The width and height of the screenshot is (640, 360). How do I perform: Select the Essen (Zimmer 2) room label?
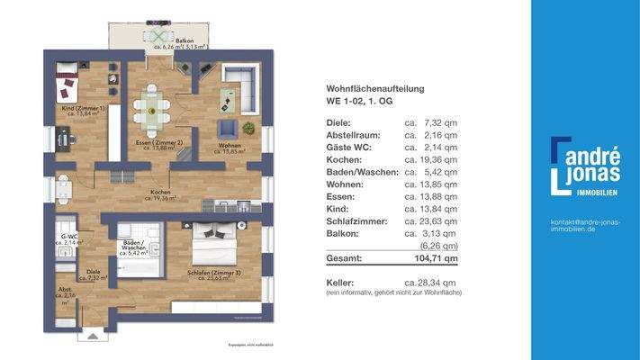point(149,145)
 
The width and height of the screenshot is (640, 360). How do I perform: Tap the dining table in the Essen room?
point(151,107)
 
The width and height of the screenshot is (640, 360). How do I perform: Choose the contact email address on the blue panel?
point(585,226)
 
